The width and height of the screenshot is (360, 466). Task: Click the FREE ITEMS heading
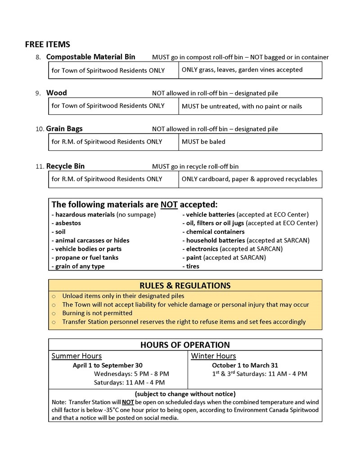pos(47,44)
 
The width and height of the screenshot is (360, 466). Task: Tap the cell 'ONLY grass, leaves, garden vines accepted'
pos(242,70)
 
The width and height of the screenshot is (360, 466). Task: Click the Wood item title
pos(57,93)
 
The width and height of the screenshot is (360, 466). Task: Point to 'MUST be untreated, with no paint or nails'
pos(242,106)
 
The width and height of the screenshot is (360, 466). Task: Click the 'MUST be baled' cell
pos(203,142)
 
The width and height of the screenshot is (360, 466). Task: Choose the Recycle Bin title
pos(65,166)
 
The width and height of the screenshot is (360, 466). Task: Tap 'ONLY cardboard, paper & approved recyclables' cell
pos(249,179)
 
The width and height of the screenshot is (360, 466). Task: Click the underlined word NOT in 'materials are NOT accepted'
pos(169,204)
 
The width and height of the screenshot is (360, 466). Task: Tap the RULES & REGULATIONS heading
pos(185,285)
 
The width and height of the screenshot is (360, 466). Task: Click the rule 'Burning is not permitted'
pos(97,313)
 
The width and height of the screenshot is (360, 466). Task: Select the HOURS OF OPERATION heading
pos(185,345)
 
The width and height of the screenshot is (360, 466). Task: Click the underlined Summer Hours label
pos(76,356)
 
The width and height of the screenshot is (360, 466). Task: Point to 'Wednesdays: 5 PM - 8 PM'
pos(131,374)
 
